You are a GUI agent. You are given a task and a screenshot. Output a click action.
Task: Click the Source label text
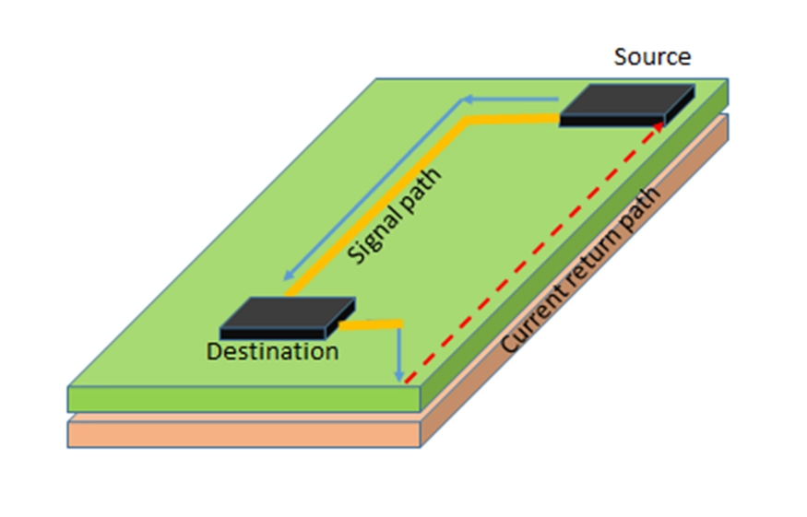652,56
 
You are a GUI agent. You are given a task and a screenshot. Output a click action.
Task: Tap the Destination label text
272,351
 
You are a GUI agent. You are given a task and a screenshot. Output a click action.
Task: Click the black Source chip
626,102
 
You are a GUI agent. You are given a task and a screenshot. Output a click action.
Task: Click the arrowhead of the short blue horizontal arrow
468,99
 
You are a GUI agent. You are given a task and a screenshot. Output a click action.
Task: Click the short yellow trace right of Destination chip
374,323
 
